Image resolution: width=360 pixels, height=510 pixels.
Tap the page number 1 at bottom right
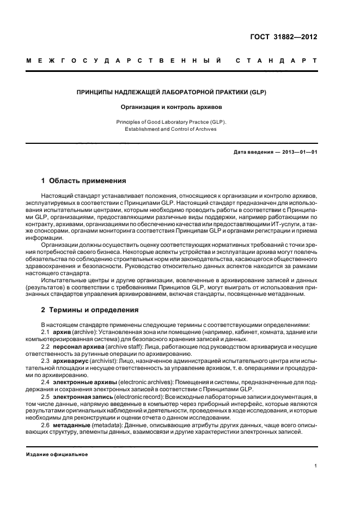click(316, 466)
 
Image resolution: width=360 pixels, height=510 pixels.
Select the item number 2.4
click(46, 382)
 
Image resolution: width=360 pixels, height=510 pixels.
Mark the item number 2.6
click(46, 425)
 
